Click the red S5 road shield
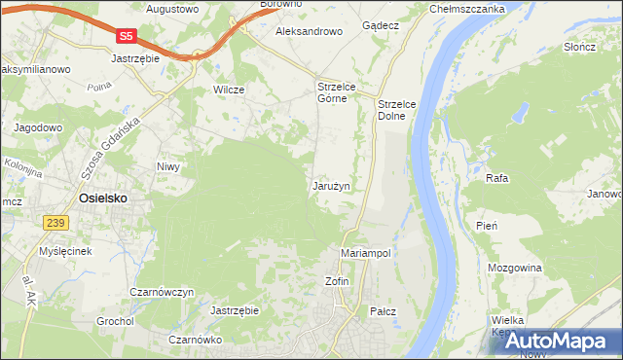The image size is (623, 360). click(x=125, y=35)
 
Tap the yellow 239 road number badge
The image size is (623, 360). click(x=55, y=224)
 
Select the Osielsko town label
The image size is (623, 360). click(x=101, y=198)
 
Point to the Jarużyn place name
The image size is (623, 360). click(x=331, y=185)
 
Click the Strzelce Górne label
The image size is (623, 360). click(x=339, y=92)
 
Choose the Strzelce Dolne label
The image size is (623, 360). click(x=397, y=109)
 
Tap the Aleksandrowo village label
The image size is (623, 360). click(x=310, y=31)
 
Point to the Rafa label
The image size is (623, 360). click(x=497, y=179)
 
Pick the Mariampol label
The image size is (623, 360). click(x=366, y=253)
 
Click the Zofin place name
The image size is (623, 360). click(x=336, y=281)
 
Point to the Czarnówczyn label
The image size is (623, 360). click(x=163, y=292)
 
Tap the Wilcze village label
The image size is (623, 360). click(x=228, y=90)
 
